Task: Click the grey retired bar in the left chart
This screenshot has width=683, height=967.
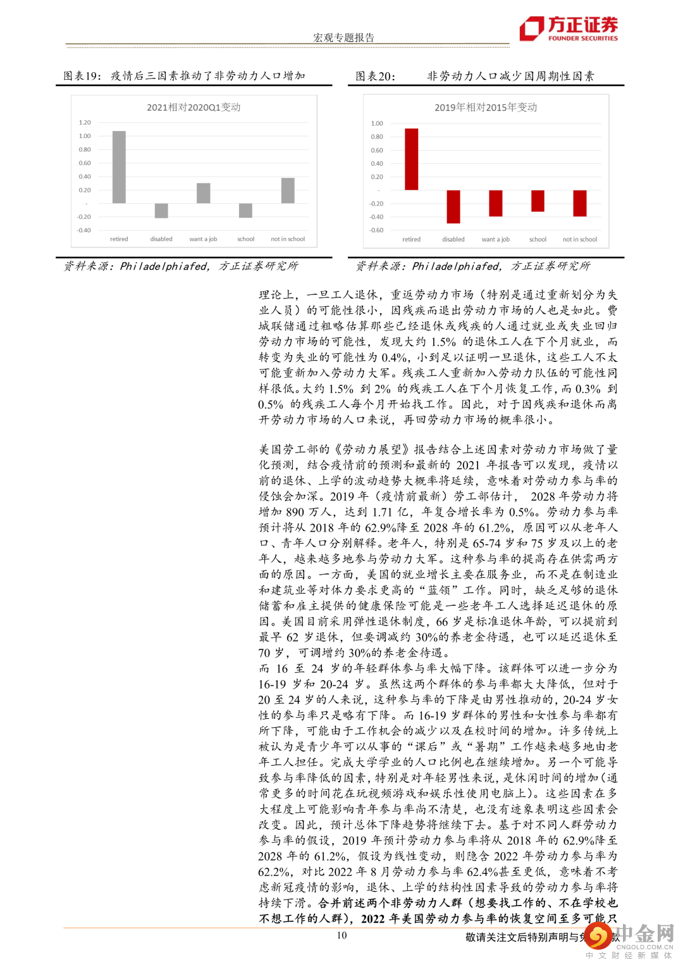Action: pyautogui.click(x=119, y=167)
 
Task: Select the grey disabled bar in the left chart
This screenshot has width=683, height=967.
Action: pyautogui.click(x=161, y=211)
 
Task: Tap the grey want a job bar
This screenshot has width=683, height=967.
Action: pyautogui.click(x=203, y=193)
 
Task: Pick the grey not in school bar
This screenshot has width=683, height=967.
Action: pyautogui.click(x=288, y=190)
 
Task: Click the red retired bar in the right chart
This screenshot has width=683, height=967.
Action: pyautogui.click(x=411, y=159)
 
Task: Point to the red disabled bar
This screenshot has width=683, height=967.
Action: pyautogui.click(x=453, y=206)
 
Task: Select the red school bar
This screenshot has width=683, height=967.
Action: pyautogui.click(x=538, y=201)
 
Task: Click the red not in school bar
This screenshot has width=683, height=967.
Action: pyautogui.click(x=580, y=204)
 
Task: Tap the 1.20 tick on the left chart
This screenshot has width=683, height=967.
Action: pyautogui.click(x=85, y=122)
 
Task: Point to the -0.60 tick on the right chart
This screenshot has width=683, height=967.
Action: pyautogui.click(x=377, y=230)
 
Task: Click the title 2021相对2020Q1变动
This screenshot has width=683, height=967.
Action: pyautogui.click(x=194, y=108)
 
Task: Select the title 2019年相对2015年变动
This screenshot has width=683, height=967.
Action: pyautogui.click(x=486, y=108)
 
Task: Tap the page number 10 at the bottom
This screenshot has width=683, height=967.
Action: pyautogui.click(x=341, y=935)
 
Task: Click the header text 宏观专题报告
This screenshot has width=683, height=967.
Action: pyautogui.click(x=343, y=38)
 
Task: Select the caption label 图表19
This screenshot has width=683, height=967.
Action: pyautogui.click(x=82, y=76)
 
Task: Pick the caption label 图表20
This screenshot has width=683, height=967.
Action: pyautogui.click(x=374, y=77)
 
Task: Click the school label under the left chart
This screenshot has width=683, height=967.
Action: pyautogui.click(x=245, y=239)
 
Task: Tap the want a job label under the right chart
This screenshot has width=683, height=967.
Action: pyautogui.click(x=495, y=239)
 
